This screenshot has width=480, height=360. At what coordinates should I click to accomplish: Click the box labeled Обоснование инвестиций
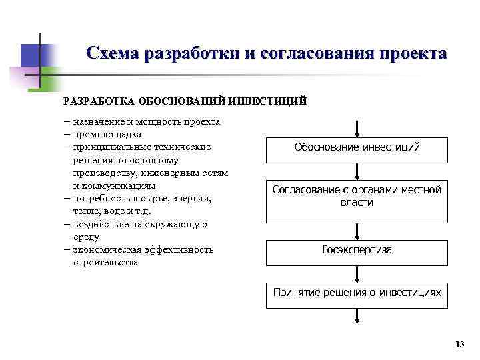(x=357, y=148)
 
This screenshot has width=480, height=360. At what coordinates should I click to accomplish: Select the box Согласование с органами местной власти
(x=357, y=197)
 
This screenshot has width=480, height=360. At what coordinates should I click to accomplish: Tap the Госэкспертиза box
(x=357, y=251)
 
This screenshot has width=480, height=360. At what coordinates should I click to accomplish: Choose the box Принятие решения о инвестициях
(x=357, y=293)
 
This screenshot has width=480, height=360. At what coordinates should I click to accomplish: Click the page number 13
(x=458, y=344)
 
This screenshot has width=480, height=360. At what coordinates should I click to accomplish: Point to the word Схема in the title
(x=114, y=53)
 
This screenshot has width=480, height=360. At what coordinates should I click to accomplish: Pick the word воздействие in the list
(x=103, y=224)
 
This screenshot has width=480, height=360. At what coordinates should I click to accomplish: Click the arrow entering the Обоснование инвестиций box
(x=358, y=129)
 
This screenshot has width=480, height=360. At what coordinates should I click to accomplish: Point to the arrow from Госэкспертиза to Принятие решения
(x=358, y=273)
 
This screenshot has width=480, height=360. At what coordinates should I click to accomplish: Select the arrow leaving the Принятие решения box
(x=358, y=317)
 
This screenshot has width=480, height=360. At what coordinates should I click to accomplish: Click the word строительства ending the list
(x=106, y=262)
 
